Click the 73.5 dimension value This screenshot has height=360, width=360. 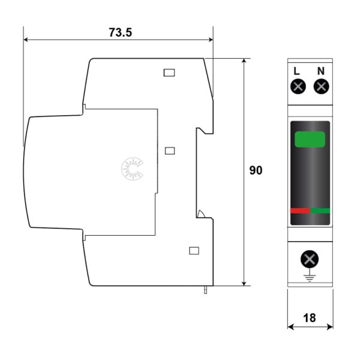click(121, 32)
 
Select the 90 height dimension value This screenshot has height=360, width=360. click(256, 170)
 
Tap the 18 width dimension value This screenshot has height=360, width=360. click(310, 318)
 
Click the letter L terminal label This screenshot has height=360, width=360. click(296, 71)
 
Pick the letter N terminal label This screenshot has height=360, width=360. click(321, 71)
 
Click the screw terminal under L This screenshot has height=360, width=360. click(298, 86)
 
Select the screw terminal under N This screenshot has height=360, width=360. click(322, 86)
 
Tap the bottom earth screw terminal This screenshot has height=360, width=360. click(310, 259)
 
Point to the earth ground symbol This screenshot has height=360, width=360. click(310, 277)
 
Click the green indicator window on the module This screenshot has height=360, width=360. click(310, 139)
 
